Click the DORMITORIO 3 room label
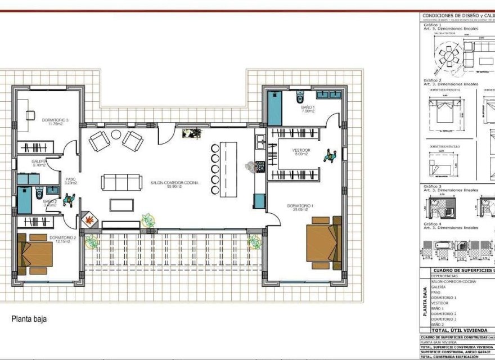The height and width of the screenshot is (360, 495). pyautogui.click(x=55, y=120)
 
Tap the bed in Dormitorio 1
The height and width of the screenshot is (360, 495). pyautogui.click(x=323, y=242)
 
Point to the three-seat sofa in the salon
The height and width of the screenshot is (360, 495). pyautogui.click(x=121, y=182)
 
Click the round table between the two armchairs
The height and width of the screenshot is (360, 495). pyautogui.click(x=116, y=134)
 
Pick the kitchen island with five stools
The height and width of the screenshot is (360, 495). pyautogui.click(x=228, y=169)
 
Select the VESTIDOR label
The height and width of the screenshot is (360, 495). pyautogui.click(x=301, y=151)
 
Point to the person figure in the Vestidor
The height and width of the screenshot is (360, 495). pyautogui.click(x=330, y=155)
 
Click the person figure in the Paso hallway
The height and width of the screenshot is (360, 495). pyautogui.click(x=70, y=200)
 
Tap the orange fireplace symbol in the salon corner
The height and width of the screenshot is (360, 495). pyautogui.click(x=89, y=219)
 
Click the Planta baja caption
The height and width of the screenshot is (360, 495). pyautogui.click(x=29, y=319)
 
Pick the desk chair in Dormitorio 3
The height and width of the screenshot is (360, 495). pyautogui.click(x=30, y=116)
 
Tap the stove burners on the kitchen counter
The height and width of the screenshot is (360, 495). pyautogui.click(x=260, y=166)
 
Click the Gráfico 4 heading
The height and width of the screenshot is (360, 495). pyautogui.click(x=433, y=224)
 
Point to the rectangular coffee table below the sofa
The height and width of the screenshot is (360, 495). pyautogui.click(x=121, y=205)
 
